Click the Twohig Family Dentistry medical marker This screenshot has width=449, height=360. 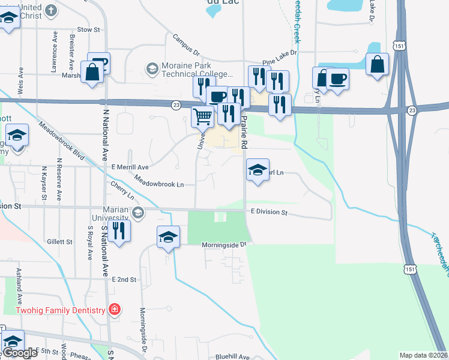point(114,310)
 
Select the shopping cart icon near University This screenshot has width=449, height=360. point(203,117)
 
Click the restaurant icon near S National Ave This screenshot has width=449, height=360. point(119,232)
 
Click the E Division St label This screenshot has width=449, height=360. point(270,212)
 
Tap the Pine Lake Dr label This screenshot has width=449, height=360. point(280,58)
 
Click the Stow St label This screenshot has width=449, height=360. point(88,29)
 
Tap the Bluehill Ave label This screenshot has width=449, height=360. point(231,356)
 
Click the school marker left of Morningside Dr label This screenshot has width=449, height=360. point(169,238)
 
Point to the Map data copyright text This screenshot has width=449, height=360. point(424,355)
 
